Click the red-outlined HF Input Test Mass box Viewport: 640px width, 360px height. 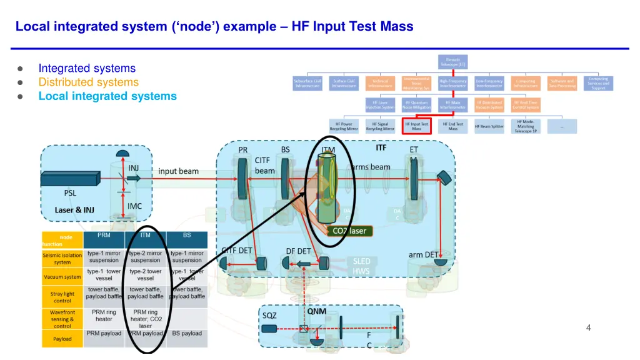(x=416, y=126)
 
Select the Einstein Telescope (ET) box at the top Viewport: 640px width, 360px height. (x=452, y=62)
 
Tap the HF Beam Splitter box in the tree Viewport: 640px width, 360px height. (x=489, y=126)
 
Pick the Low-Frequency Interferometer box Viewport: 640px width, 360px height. (x=489, y=83)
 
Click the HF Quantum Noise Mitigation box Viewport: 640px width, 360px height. (x=416, y=104)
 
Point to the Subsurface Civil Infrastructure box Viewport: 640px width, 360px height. (x=307, y=83)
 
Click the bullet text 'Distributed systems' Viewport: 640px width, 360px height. (x=88, y=82)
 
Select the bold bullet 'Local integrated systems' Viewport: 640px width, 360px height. (x=107, y=96)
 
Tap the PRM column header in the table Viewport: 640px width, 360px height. (x=104, y=235)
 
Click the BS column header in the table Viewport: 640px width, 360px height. (x=187, y=235)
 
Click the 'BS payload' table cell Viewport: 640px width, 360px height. (x=187, y=333)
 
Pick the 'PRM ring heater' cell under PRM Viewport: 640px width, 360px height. (x=104, y=315)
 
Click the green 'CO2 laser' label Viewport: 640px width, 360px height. (x=349, y=231)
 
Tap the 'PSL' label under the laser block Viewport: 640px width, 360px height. (x=71, y=193)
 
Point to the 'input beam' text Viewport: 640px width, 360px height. (x=178, y=171)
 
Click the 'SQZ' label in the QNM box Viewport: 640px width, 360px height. (x=269, y=315)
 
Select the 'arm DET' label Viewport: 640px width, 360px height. (x=423, y=254)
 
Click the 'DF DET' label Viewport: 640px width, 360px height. (x=299, y=251)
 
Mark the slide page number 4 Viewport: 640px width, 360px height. (x=588, y=327)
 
